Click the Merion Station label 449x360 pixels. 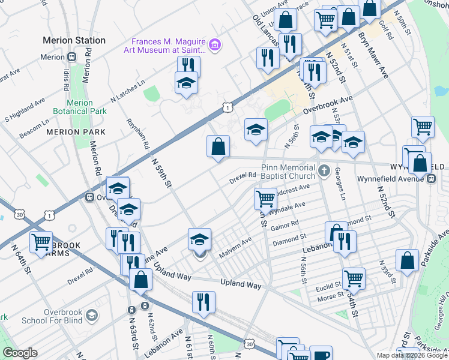[74, 40]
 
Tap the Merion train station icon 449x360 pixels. [71, 57]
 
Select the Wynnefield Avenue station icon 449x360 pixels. [430, 179]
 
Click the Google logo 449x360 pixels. [20, 353]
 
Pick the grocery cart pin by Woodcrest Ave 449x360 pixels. [265, 197]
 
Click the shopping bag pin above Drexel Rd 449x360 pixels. [218, 146]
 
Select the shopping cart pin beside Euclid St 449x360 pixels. [354, 278]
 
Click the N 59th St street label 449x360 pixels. [161, 173]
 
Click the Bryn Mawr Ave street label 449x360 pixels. [375, 54]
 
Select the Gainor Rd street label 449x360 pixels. [285, 225]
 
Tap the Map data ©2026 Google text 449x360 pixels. [411, 355]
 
